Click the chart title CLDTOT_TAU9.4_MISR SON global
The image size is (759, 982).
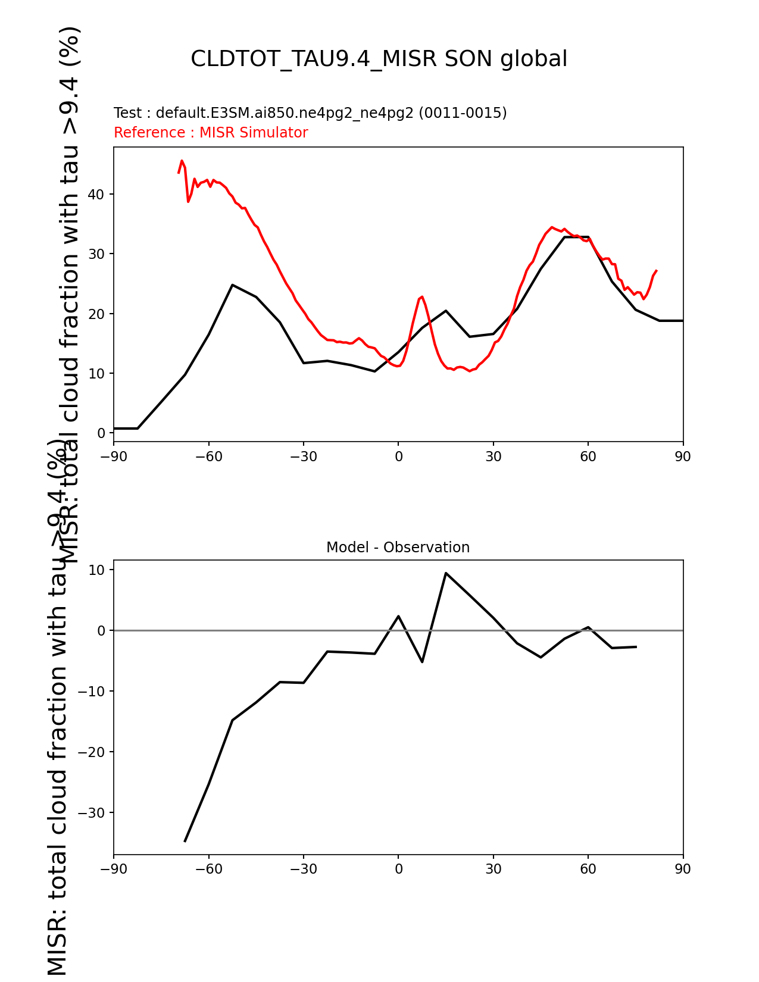379,59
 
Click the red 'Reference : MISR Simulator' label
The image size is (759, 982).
211,133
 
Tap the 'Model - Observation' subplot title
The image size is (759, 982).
398,548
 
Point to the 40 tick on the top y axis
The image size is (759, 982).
98,195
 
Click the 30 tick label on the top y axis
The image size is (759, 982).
98,254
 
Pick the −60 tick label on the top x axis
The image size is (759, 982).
208,456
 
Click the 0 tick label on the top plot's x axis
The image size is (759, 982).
398,456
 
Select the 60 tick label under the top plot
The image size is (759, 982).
588,456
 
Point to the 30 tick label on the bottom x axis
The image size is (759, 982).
493,870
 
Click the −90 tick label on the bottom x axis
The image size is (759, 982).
114,870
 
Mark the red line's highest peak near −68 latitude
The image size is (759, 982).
182,161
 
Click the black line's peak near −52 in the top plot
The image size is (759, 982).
232,285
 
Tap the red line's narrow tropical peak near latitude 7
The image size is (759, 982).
422,296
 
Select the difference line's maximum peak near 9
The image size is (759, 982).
445,573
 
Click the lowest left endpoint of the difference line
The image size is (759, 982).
185,841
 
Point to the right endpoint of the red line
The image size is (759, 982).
656,270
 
